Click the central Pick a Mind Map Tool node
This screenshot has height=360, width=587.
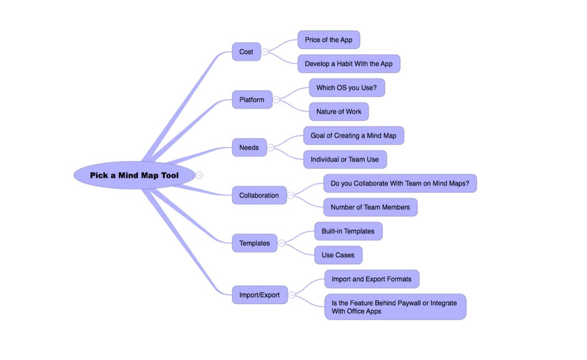134,175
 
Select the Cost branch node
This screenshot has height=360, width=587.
246,52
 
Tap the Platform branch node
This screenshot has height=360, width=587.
252,100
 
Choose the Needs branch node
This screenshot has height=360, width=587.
249,148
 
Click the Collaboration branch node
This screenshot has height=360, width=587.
259,196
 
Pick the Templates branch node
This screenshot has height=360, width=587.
254,243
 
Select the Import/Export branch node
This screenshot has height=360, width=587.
259,295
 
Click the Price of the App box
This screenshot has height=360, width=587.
329,40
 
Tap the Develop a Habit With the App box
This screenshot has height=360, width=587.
349,64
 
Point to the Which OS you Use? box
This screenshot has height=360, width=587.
347,88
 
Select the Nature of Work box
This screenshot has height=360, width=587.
339,112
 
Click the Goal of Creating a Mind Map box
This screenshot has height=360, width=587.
354,136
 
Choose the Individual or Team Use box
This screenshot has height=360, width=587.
345,159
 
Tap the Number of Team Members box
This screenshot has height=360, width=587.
370,207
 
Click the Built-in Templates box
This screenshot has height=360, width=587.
348,231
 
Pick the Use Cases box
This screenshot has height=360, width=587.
338,255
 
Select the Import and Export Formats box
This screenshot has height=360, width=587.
372,279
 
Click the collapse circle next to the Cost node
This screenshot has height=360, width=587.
265,52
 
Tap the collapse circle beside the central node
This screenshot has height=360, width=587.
199,175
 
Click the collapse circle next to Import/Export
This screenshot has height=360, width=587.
292,295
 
